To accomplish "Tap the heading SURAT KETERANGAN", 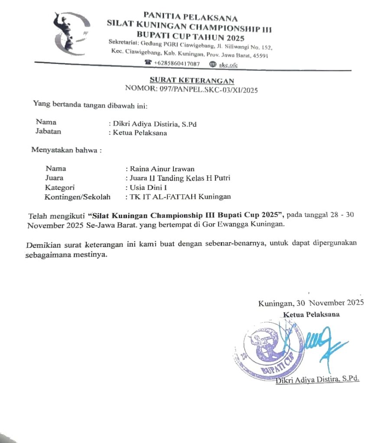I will coord(192,81).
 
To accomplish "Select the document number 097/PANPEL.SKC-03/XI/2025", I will coord(192,90).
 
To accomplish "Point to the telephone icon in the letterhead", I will coord(149,64).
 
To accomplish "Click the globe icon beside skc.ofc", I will coord(212,64).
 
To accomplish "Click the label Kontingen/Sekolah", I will coord(78,197).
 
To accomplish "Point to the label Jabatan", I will coord(48,131).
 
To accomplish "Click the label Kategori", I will coord(60,187).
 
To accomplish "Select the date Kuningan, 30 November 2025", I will coord(311,303).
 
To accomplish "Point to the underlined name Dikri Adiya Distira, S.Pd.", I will coord(318,379).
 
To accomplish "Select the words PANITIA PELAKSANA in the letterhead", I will coord(191,18).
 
